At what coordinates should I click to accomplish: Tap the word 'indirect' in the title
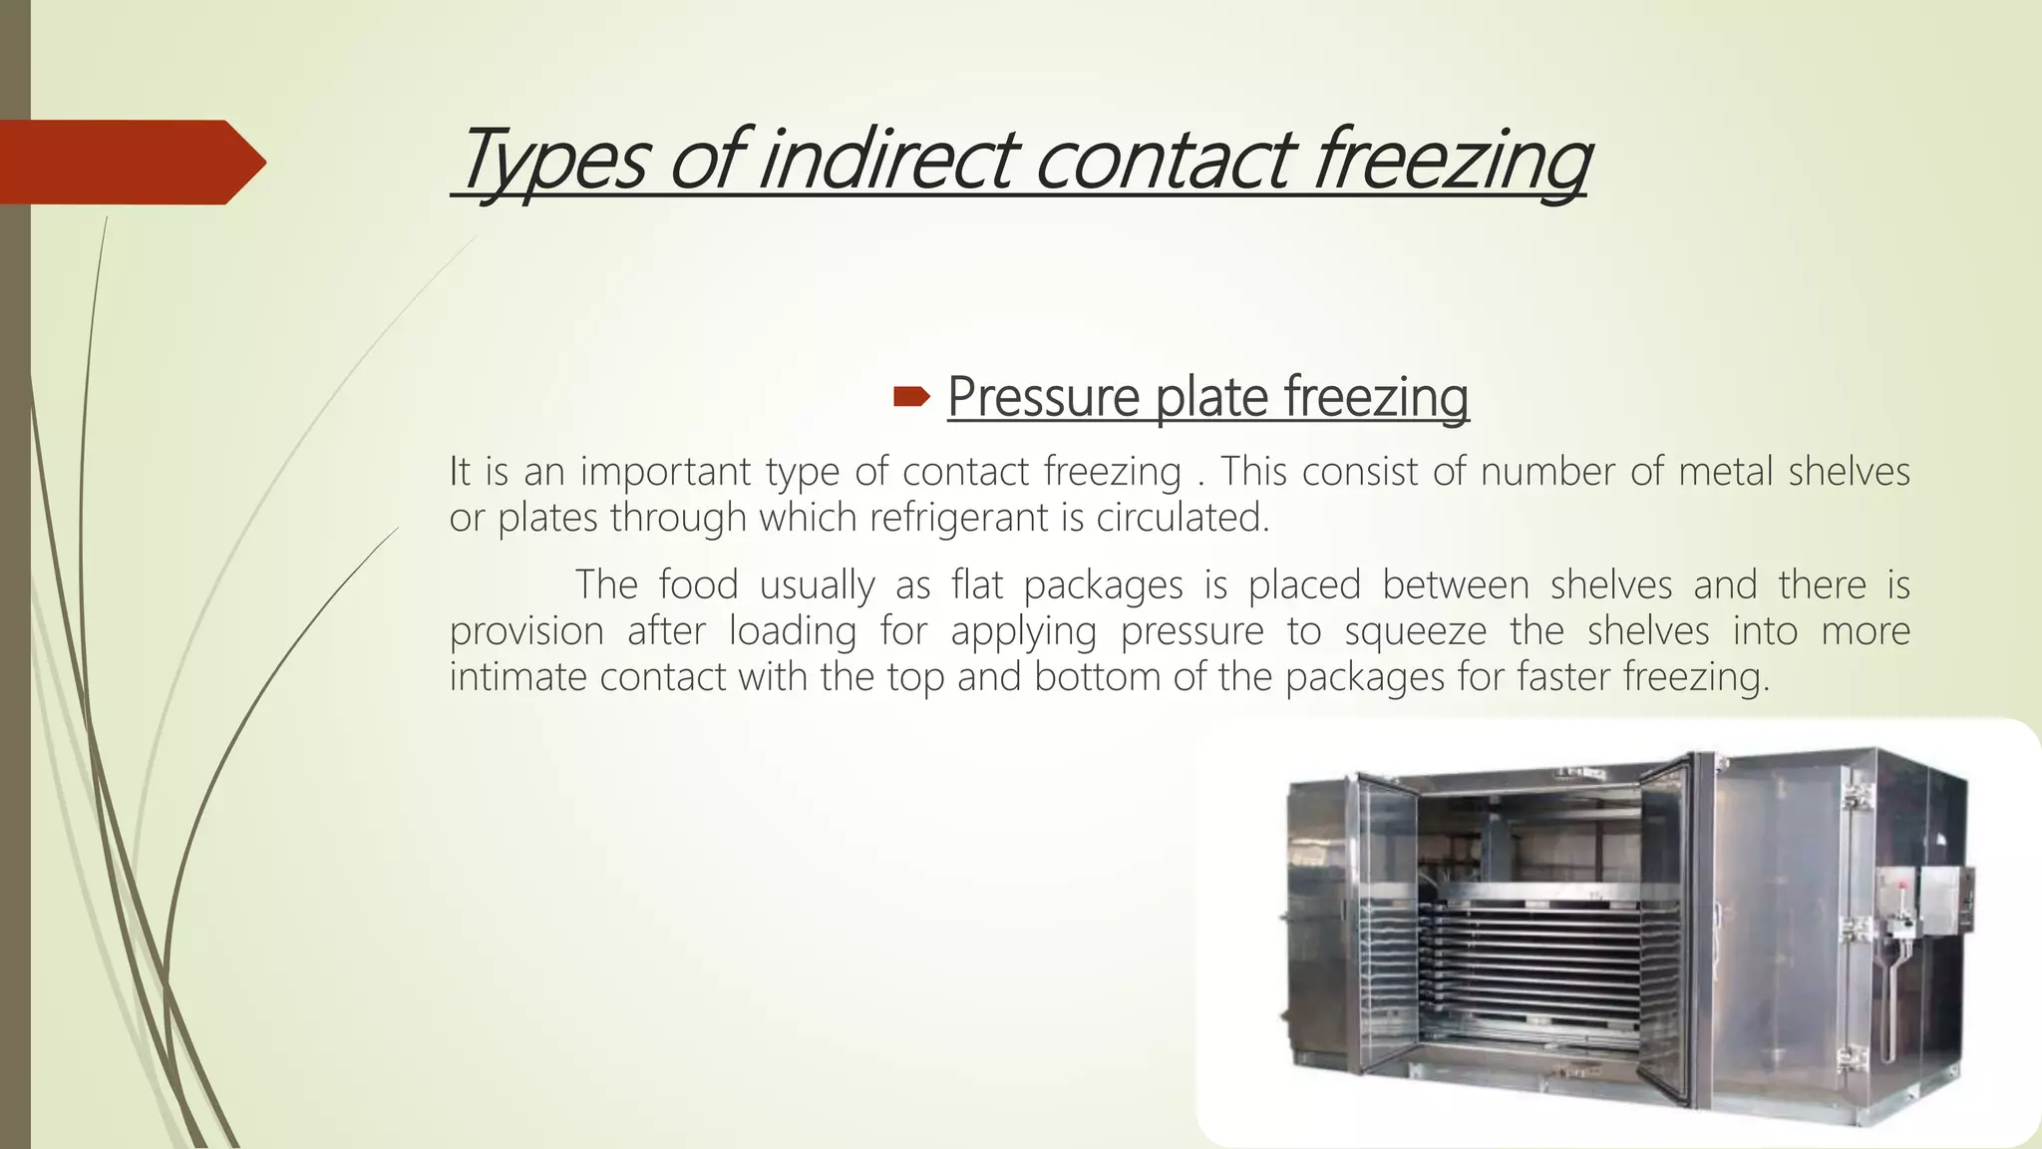click(886, 160)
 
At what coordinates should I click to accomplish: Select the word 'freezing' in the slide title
click(1451, 160)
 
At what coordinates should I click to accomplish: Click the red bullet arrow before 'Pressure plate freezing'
click(910, 398)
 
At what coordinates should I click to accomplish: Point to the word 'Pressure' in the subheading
click(1042, 397)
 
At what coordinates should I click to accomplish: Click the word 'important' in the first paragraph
click(665, 471)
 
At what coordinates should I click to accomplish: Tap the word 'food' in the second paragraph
click(698, 584)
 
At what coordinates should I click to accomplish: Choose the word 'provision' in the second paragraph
click(526, 631)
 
